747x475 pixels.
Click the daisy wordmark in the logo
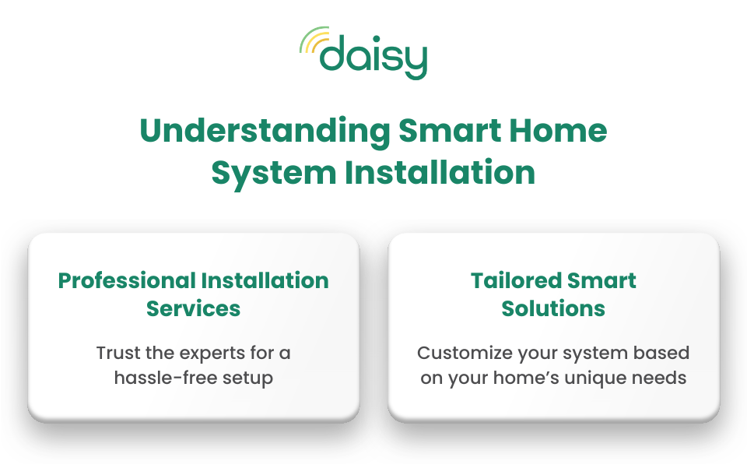(x=373, y=57)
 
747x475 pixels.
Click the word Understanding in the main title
(x=264, y=131)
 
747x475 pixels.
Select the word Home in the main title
(x=563, y=131)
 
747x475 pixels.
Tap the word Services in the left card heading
(x=193, y=308)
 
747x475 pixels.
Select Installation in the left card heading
(x=265, y=281)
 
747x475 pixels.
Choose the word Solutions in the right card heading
(x=553, y=308)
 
